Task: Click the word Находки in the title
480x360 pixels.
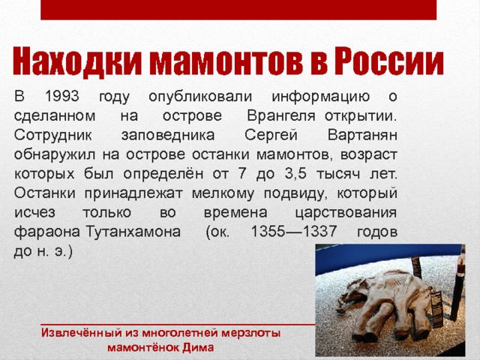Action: pos(77,61)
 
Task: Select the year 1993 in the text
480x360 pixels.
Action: pos(62,96)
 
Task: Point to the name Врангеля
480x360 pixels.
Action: pos(281,115)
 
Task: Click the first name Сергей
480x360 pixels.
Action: pos(271,135)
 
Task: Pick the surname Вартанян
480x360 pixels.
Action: pos(362,135)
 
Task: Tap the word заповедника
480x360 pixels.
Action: pos(168,136)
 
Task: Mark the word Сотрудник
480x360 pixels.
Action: pos(52,135)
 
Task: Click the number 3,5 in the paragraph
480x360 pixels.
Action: pos(295,174)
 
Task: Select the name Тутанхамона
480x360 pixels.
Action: pos(133,232)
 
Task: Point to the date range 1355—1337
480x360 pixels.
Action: pos(294,232)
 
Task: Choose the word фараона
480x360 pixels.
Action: pos(47,232)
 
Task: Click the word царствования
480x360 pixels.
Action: pos(346,213)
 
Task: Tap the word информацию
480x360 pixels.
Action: pos(321,97)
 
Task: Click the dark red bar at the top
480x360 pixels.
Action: pos(238,10)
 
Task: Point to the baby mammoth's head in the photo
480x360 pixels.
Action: pos(352,293)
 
